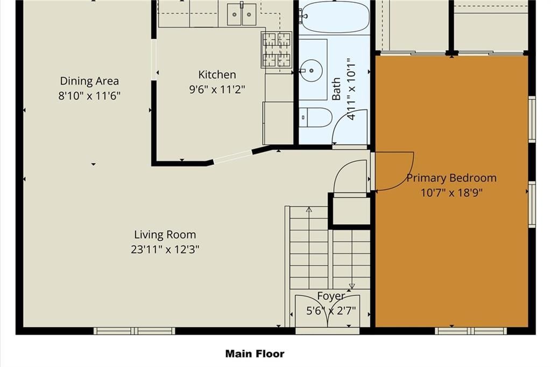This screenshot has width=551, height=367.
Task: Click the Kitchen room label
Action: tap(217, 74)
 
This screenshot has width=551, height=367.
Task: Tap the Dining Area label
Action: tap(89, 81)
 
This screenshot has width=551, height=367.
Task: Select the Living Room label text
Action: tap(165, 235)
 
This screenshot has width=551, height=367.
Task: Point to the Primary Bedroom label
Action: tap(451, 178)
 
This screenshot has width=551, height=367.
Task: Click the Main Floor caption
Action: tap(255, 354)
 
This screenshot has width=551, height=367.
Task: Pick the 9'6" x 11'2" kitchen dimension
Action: tap(217, 89)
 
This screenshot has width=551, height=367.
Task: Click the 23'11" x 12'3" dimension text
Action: tap(165, 250)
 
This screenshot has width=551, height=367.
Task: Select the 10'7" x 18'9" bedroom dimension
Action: tap(451, 193)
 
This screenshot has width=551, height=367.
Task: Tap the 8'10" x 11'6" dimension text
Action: tap(89, 96)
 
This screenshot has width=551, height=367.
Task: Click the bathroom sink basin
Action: tap(312, 71)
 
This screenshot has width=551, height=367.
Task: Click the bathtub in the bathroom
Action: tap(334, 17)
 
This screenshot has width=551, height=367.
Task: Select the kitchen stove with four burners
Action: tap(277, 50)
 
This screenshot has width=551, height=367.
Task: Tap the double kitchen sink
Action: tap(242, 15)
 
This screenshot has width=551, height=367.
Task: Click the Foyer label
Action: tap(331, 296)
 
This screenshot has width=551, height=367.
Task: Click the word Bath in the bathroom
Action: tap(336, 89)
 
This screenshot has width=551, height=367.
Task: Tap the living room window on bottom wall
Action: tap(134, 331)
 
